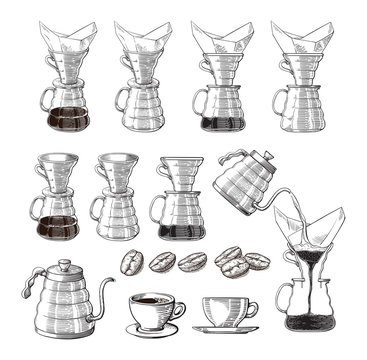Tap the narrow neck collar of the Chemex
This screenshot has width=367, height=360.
[311, 269]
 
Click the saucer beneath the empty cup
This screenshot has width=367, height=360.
[226, 327]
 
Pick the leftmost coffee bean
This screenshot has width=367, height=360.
[132, 263]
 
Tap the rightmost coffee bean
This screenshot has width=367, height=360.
[258, 262]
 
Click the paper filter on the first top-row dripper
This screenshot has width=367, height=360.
[64, 40]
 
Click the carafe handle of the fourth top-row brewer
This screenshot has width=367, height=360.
[277, 101]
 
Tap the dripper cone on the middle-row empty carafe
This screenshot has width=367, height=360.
[118, 169]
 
